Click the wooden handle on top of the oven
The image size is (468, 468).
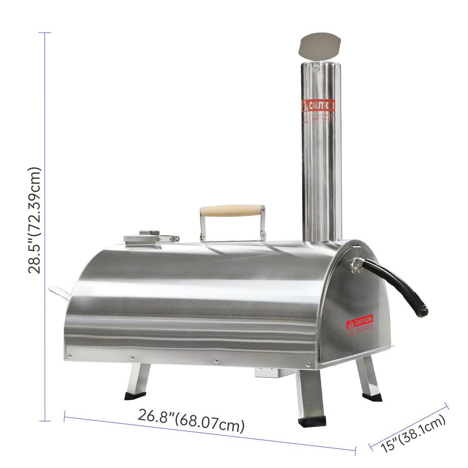(x=231, y=211)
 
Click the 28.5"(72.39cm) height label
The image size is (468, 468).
(x=34, y=220)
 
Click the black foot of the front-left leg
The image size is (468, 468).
(x=134, y=396)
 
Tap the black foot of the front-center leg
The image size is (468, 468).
(x=312, y=421)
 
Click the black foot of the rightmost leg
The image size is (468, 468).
(x=372, y=397)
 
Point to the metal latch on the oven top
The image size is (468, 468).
(x=150, y=237)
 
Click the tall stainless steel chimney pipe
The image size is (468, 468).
(x=321, y=170)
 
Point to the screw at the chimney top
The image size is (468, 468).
(x=316, y=66)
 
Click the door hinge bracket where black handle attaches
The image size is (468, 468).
(x=354, y=265)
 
